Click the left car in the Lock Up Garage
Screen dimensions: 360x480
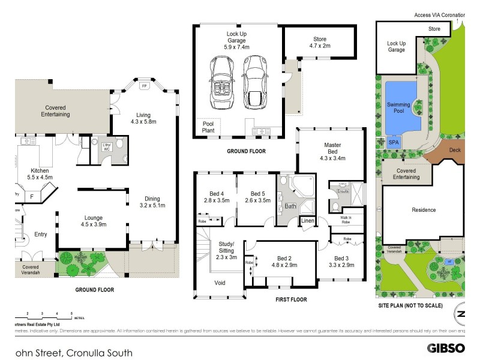point(220,83)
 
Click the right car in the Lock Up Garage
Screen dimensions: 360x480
point(253,83)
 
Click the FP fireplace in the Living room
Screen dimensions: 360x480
point(143,86)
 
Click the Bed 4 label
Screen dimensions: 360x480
point(214,197)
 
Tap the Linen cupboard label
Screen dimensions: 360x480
point(308,222)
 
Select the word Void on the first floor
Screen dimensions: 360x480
point(220,282)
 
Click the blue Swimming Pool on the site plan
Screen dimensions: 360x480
point(398,108)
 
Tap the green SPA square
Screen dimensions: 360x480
point(394,143)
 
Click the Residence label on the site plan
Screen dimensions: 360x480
point(424,210)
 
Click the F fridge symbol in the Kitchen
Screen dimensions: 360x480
point(32,195)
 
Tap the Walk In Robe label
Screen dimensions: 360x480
point(346,219)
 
